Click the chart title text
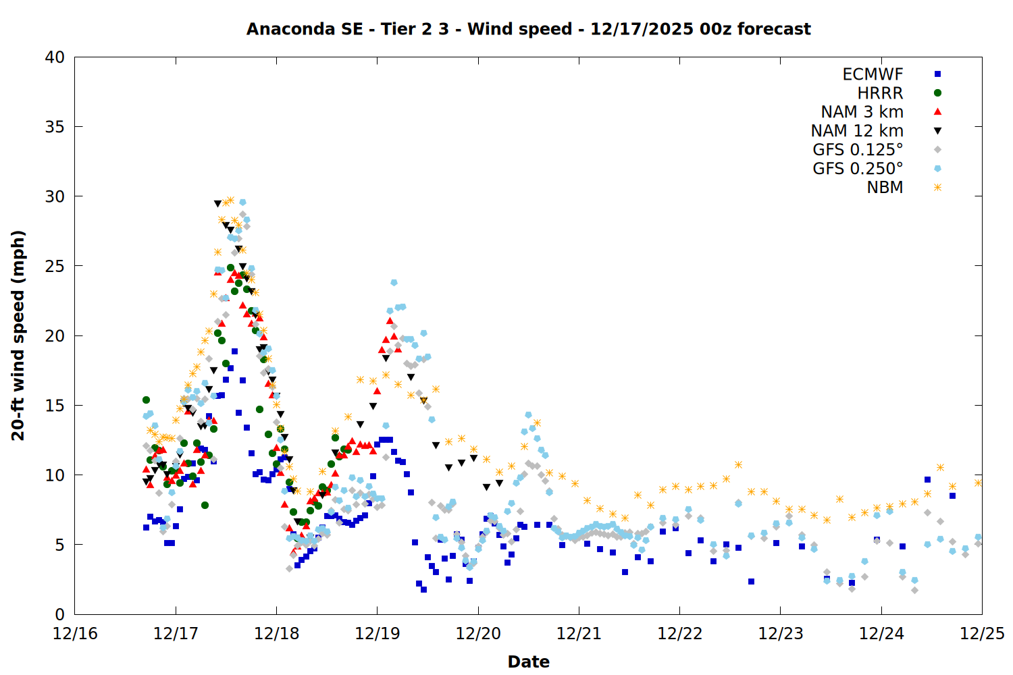(528, 29)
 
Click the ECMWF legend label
(873, 74)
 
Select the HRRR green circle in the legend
(937, 93)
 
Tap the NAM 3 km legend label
(862, 112)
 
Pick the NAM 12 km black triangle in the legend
(937, 131)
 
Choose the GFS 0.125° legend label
(858, 150)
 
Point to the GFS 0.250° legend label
(858, 169)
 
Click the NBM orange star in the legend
(937, 188)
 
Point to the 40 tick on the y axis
(55, 57)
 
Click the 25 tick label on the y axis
(55, 266)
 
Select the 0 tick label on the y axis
(59, 614)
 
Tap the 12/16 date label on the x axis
(75, 634)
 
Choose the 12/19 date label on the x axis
(378, 634)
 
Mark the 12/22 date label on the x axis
(680, 634)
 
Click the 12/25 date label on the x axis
(982, 634)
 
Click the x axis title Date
(528, 661)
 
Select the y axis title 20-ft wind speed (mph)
(18, 335)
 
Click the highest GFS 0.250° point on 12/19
(394, 283)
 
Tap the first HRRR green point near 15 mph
(146, 400)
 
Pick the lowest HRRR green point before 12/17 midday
(205, 505)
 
